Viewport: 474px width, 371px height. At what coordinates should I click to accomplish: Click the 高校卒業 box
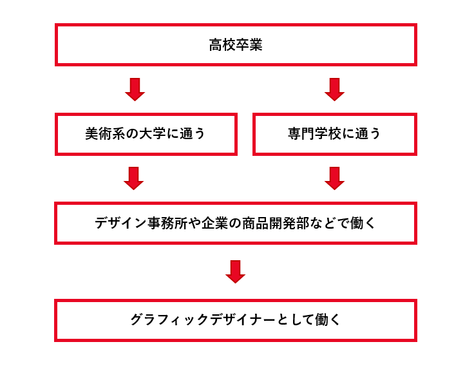236,45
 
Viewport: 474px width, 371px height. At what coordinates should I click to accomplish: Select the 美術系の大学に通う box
146,134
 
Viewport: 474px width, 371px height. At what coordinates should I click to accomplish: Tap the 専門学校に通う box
334,134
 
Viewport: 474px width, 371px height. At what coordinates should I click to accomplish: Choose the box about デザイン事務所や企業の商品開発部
236,223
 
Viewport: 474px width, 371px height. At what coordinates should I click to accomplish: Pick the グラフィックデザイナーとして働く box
236,320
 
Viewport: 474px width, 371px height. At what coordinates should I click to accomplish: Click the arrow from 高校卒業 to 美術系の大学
135,90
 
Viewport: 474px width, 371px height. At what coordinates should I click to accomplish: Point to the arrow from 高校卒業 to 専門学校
334,90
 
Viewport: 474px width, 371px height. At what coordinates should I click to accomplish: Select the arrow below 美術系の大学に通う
133,178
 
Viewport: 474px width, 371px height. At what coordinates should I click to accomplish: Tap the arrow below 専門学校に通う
334,178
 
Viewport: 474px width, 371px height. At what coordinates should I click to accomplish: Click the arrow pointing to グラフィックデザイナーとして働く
236,272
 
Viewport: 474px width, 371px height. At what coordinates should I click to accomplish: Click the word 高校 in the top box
222,45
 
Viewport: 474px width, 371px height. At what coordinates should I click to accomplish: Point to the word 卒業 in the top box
249,45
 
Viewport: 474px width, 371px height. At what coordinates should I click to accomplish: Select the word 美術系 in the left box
105,134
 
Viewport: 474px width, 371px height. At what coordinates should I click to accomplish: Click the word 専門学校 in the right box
314,134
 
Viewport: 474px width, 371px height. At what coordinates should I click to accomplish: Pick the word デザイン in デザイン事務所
121,224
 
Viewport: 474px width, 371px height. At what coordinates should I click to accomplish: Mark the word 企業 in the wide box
214,224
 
